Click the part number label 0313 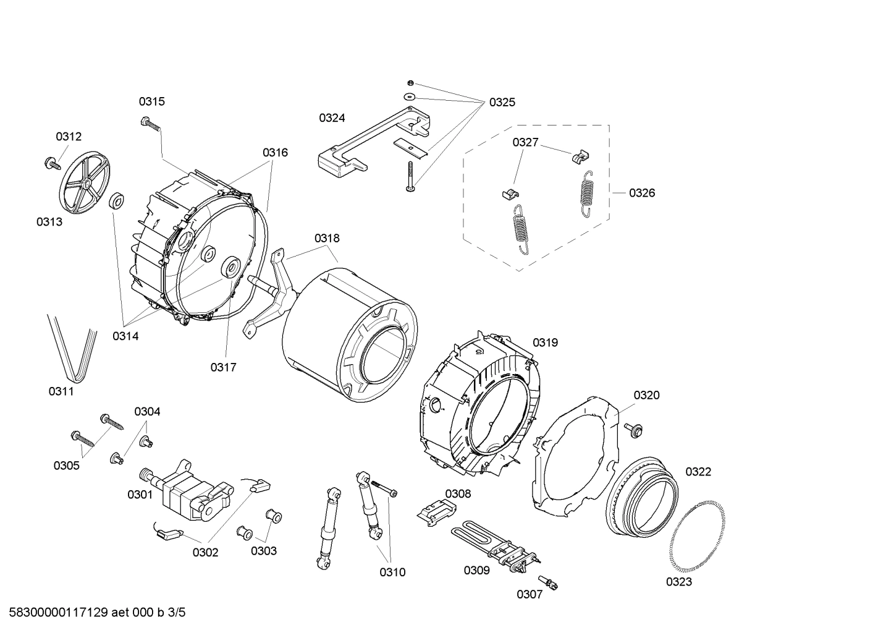(49, 221)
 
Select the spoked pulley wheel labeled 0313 (85, 184)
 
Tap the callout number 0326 (642, 193)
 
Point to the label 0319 (545, 342)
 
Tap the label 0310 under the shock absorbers (392, 572)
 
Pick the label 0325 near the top (502, 103)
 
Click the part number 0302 (205, 552)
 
